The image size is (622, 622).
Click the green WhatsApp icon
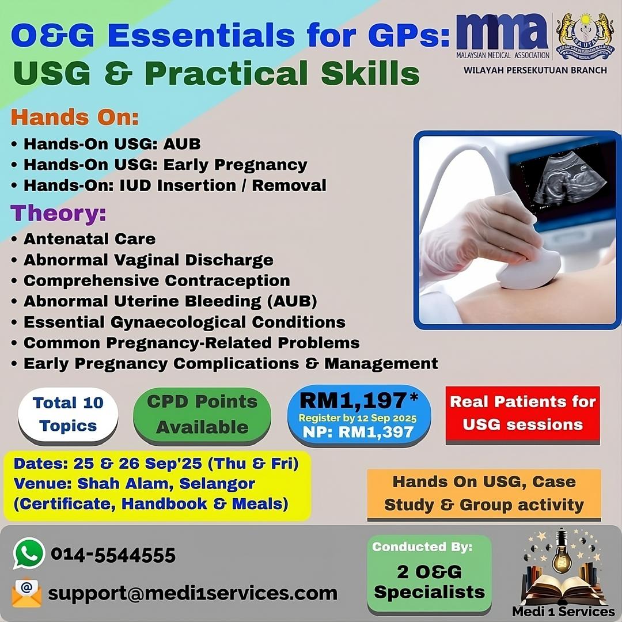tap(29, 553)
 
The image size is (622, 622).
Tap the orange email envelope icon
tap(26, 593)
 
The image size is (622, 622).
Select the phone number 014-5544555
tap(113, 555)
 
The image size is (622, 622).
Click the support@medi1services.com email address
tap(193, 593)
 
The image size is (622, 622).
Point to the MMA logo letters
tap(503, 31)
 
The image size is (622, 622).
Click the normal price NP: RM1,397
tap(358, 432)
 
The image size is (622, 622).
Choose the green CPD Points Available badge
tap(202, 415)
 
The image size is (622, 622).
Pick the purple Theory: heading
tap(58, 213)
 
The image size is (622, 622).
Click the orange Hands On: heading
tap(74, 117)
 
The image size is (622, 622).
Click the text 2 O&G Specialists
tap(430, 582)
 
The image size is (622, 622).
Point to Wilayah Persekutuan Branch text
tap(535, 70)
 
